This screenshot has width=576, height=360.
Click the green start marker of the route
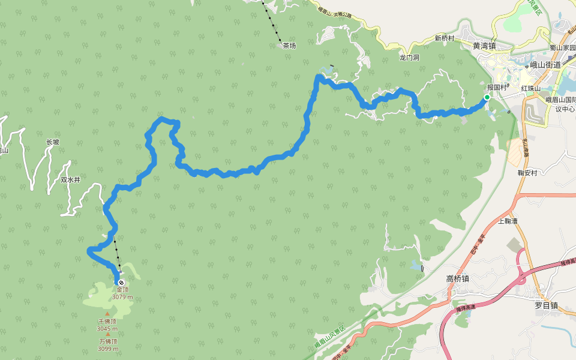pyautogui.click(x=487, y=97)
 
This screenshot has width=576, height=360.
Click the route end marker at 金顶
pyautogui.click(x=121, y=282)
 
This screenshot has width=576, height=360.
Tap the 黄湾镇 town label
pyautogui.click(x=484, y=46)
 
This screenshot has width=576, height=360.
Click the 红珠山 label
pyautogui.click(x=531, y=88)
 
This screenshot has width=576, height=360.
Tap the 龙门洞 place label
pyautogui.click(x=409, y=58)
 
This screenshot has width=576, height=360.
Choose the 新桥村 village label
pyautogui.click(x=445, y=38)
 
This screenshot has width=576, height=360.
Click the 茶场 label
pyautogui.click(x=289, y=46)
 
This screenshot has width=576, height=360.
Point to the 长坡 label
pyautogui.click(x=53, y=142)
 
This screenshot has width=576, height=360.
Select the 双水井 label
pyautogui.click(x=70, y=179)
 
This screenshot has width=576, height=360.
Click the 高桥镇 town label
pyautogui.click(x=457, y=278)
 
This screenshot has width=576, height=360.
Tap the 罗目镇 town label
pyautogui.click(x=546, y=305)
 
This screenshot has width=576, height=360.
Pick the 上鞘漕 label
pyautogui.click(x=508, y=221)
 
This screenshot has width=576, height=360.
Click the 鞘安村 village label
pyautogui.click(x=527, y=173)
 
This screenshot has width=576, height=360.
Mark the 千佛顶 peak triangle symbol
pyautogui.click(x=107, y=314)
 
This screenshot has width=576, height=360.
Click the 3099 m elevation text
pyautogui.click(x=109, y=349)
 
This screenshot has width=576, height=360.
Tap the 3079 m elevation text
pyautogui.click(x=122, y=297)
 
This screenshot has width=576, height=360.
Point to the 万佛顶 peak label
pyautogui.click(x=109, y=341)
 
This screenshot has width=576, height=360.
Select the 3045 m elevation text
pyautogui.click(x=107, y=328)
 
